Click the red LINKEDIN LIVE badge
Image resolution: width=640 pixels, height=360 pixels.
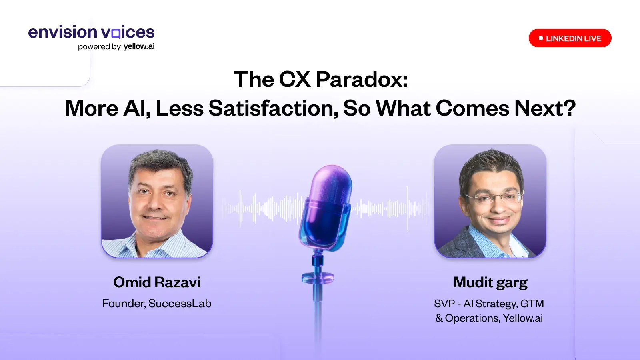[570, 38]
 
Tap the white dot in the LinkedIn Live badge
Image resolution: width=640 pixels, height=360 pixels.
[541, 38]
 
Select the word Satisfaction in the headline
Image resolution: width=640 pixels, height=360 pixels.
[274, 108]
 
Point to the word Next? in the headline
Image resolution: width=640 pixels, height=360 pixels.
[545, 108]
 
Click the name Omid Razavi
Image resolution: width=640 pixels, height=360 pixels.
[157, 282]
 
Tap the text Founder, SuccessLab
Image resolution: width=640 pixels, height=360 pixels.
[157, 304]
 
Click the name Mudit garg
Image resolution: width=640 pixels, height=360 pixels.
[490, 282]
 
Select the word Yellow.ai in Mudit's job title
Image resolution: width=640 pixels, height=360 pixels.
[523, 318]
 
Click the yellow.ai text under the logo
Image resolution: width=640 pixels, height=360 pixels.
[139, 46]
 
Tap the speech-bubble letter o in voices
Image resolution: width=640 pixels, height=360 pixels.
[116, 34]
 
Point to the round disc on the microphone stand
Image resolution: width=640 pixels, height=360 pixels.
[318, 278]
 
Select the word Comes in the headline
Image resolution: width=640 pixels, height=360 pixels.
[472, 108]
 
